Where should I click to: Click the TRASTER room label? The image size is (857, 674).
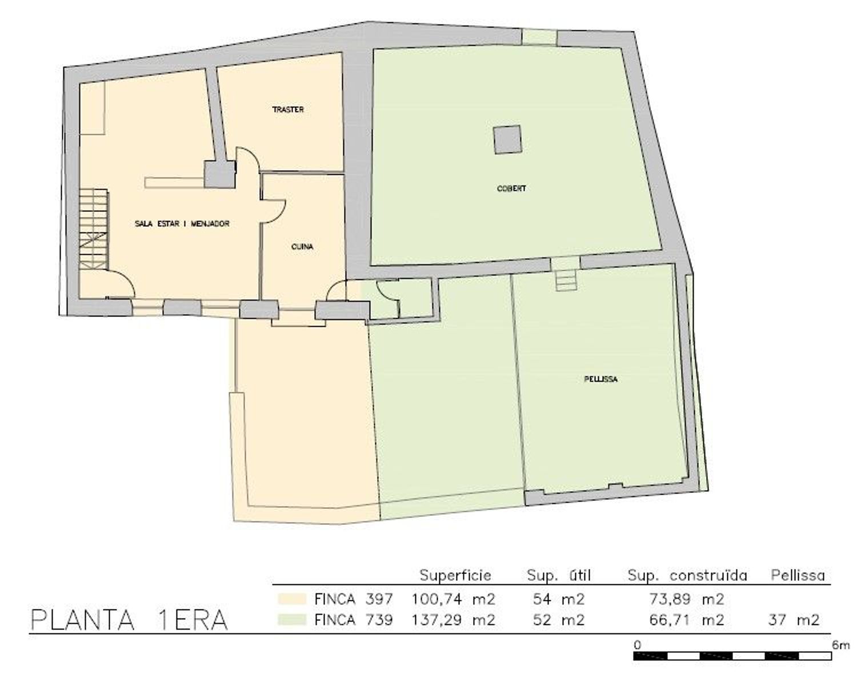click(x=288, y=109)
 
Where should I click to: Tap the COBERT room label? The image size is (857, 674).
click(x=511, y=188)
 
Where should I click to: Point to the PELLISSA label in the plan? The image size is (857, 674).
click(x=600, y=379)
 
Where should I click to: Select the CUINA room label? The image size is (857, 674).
click(x=302, y=246)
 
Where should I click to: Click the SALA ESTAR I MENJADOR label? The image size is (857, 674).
click(x=182, y=224)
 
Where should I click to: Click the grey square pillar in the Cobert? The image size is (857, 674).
click(x=507, y=139)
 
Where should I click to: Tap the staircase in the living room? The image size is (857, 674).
click(x=94, y=230)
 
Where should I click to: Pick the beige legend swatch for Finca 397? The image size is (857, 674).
click(x=292, y=599)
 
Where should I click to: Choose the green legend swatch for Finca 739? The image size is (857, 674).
click(x=292, y=619)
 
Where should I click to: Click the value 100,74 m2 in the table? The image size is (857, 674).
click(x=453, y=599)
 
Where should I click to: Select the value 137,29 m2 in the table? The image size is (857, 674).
click(x=453, y=620)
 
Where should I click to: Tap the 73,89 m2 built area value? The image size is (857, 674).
click(x=687, y=599)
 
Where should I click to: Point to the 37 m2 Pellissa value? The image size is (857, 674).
click(x=794, y=620)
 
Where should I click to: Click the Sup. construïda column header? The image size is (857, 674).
click(x=687, y=575)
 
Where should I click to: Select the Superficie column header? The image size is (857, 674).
click(x=455, y=575)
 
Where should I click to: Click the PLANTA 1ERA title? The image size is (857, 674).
click(x=129, y=620)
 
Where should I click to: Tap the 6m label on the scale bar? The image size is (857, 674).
click(x=840, y=645)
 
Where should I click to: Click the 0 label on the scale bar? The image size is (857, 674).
click(x=637, y=645)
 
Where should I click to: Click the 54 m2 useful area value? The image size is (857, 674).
click(x=559, y=599)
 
